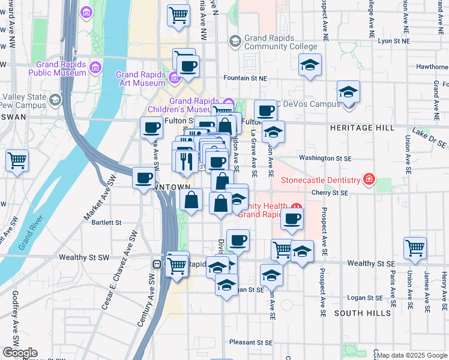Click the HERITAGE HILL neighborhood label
tap(362, 128)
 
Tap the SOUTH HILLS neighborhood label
tap(357, 313)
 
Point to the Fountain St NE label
tap(245, 78)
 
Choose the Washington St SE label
tap(325, 158)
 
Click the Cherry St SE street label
tap(330, 193)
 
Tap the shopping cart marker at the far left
tap(17, 160)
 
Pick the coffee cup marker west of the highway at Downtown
tap(144, 178)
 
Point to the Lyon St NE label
tap(394, 41)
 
